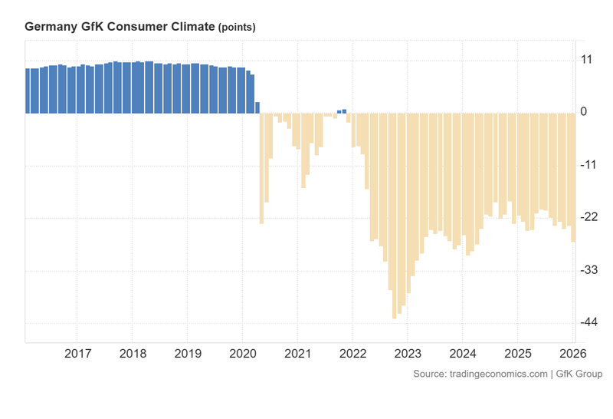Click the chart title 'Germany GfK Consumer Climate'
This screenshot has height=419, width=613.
120,27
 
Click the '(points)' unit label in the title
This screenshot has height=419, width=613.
237,28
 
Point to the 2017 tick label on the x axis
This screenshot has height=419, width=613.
77,354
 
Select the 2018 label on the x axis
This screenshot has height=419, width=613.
133,354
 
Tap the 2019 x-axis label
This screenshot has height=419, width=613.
188,354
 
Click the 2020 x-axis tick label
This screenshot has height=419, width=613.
242,354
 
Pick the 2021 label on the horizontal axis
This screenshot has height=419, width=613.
297,354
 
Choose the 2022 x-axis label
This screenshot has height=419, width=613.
352,354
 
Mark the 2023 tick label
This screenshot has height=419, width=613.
407,354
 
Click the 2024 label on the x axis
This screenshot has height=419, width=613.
462,354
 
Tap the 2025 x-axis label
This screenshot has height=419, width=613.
517,354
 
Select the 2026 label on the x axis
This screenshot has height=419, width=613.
572,354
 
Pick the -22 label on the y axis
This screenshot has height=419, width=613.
588,218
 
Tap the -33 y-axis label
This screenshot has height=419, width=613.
588,271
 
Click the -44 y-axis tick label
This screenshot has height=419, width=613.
588,323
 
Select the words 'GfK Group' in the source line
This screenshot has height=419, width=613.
579,374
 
